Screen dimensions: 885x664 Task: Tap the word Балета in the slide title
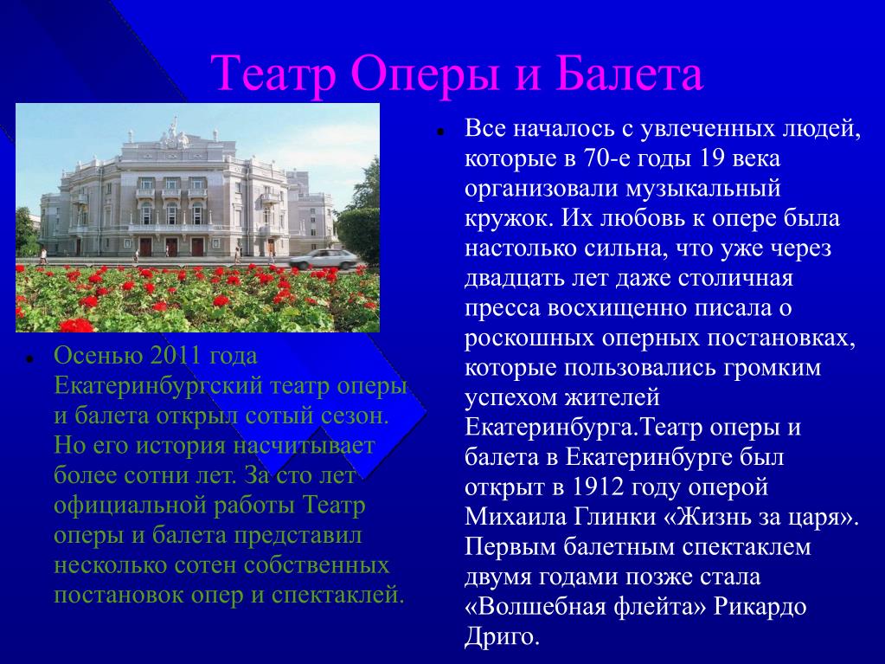(x=629, y=74)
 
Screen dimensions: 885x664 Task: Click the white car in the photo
(x=324, y=259)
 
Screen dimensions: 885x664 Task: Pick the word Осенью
(x=99, y=355)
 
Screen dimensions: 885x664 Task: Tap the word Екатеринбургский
(x=158, y=386)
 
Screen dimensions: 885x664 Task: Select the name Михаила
(x=516, y=517)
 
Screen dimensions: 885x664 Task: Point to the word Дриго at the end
(x=503, y=637)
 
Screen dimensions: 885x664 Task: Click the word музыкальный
(x=702, y=189)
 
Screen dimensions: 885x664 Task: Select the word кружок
(x=509, y=218)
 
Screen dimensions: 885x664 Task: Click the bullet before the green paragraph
(x=27, y=358)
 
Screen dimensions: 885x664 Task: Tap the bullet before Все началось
(x=439, y=132)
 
